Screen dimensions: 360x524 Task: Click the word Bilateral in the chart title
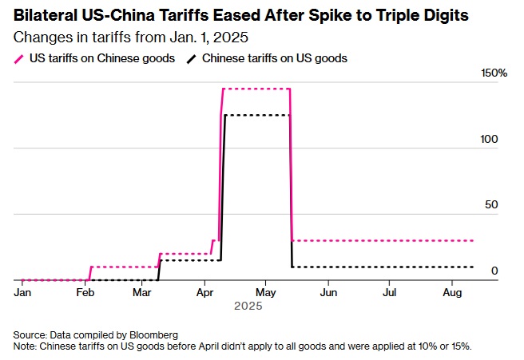coord(46,15)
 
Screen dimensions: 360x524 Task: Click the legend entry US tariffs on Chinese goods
coord(101,58)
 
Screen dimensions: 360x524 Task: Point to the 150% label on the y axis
coord(494,73)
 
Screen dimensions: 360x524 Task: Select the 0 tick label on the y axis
coord(494,271)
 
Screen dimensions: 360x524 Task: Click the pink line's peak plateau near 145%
coord(256,89)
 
